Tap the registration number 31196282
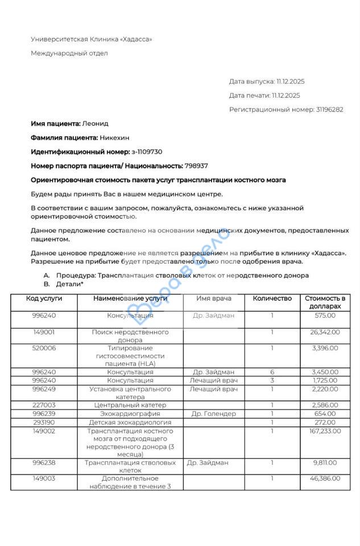click(329, 110)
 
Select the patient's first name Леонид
click(95, 123)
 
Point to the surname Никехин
click(115, 138)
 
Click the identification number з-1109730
click(147, 152)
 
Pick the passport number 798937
click(196, 166)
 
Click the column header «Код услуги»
click(44, 299)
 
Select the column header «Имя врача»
click(214, 299)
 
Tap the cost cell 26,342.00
click(325, 332)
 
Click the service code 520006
click(44, 348)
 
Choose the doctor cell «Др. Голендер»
click(214, 414)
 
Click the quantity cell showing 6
click(272, 372)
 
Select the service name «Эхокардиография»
click(130, 414)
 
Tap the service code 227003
click(44, 406)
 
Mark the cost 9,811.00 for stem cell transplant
click(325, 463)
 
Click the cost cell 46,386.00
click(325, 479)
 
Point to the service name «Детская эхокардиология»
click(130, 423)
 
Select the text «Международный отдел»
click(69, 53)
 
